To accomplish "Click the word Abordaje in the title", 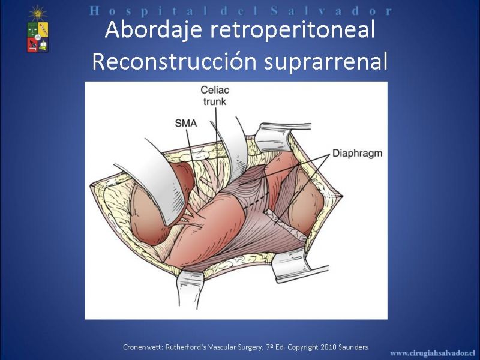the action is (154, 30).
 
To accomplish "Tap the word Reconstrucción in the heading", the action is (174, 61).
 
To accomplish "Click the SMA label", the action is (186, 124).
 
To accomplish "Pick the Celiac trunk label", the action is (215, 96).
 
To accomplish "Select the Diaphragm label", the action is (357, 154).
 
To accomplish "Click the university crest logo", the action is (38, 29).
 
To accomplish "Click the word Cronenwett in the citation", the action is (143, 347).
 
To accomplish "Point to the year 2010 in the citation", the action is (328, 347).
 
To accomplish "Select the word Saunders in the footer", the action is (353, 347).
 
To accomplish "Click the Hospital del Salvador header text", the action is (241, 11).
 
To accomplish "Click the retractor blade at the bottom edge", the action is (190, 288).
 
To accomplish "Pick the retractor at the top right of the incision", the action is (280, 134).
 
